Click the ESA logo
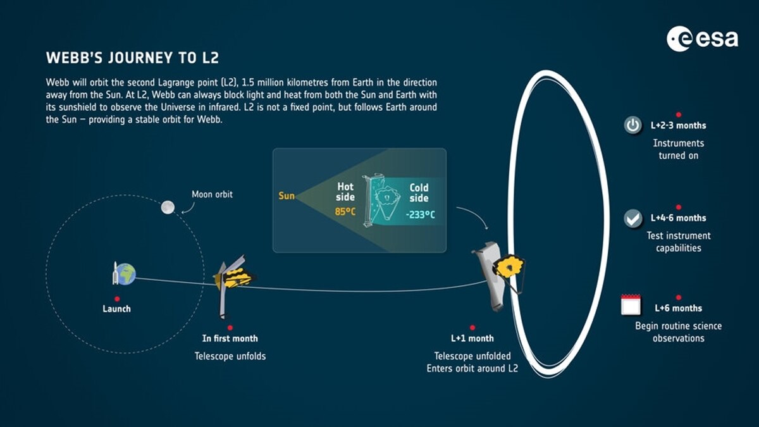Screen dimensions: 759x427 702,39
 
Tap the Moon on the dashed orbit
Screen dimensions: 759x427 168,207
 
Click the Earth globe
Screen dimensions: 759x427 126,274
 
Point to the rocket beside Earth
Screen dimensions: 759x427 115,273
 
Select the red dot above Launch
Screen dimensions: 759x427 117,299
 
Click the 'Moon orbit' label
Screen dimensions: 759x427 212,194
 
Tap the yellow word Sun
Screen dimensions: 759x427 287,196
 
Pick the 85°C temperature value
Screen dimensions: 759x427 345,212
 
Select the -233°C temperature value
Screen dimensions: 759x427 420,214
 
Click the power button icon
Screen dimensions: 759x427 632,125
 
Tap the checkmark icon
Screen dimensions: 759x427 632,218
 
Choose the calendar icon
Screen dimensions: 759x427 631,305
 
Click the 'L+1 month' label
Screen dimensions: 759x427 472,338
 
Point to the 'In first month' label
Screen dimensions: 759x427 230,338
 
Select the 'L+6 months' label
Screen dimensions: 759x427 678,308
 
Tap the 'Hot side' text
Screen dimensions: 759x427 345,192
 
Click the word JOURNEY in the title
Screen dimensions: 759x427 140,58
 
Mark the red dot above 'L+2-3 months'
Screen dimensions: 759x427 678,114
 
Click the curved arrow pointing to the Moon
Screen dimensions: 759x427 189,208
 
